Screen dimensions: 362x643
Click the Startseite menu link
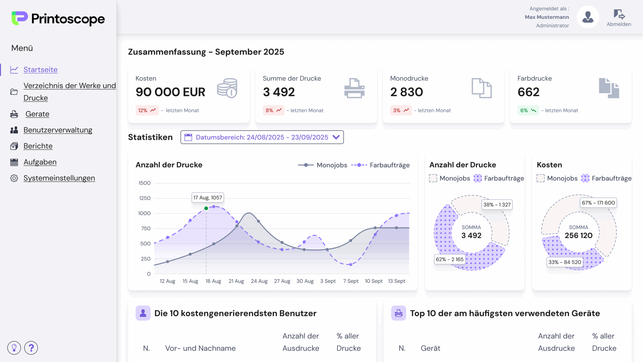click(40, 70)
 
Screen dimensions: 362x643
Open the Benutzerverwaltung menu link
click(58, 130)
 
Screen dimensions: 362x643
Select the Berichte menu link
click(38, 146)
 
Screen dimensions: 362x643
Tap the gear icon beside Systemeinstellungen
click(14, 178)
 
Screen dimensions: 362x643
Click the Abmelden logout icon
click(619, 15)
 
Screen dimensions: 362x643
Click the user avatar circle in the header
click(588, 17)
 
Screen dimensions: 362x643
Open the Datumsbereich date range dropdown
click(262, 137)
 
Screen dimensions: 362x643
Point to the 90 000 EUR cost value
click(170, 92)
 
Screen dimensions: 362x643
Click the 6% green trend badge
click(528, 110)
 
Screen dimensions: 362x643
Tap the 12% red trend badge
click(147, 110)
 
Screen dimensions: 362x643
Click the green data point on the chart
click(206, 208)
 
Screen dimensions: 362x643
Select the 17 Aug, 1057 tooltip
click(208, 198)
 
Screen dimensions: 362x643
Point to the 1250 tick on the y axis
click(145, 198)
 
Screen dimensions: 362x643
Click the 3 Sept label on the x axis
click(328, 281)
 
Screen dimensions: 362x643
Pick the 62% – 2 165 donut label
click(450, 259)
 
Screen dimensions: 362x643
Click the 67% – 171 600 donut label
click(598, 203)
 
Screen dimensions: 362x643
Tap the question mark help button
click(31, 348)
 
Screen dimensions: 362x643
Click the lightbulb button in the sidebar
click(14, 348)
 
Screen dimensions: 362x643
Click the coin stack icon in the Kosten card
click(227, 88)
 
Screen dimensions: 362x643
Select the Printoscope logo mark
click(20, 18)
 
